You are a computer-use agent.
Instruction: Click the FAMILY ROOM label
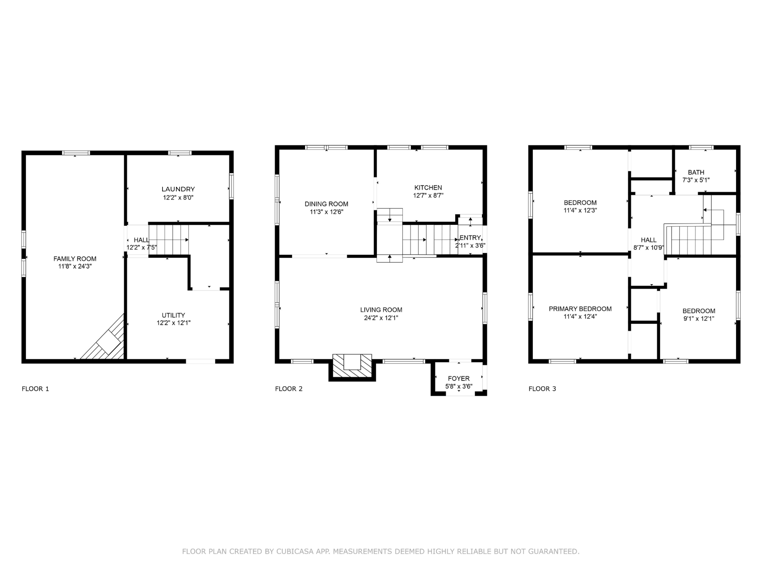[75, 259]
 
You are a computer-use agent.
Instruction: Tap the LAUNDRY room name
[178, 189]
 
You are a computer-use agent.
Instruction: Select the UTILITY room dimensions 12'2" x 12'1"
[174, 323]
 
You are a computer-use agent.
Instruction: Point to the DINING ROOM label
[327, 204]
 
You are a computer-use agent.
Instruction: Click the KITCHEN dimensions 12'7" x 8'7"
[428, 195]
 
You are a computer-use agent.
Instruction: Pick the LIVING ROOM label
[381, 310]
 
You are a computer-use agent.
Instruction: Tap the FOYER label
[459, 379]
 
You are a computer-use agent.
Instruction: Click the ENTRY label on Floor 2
[470, 238]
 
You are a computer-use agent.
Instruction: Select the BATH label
[696, 172]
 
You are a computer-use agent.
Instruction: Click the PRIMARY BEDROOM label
[580, 309]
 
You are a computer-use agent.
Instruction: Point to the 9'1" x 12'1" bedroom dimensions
[699, 319]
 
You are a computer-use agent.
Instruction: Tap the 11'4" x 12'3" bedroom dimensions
[580, 211]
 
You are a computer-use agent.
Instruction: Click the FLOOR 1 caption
[35, 389]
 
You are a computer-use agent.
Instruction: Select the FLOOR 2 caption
[289, 389]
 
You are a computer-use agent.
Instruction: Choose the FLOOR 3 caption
[542, 389]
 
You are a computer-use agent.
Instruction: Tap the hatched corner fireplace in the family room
[107, 341]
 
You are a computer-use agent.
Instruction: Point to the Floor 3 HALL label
[649, 240]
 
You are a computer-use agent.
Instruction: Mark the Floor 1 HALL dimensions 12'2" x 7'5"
[142, 248]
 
